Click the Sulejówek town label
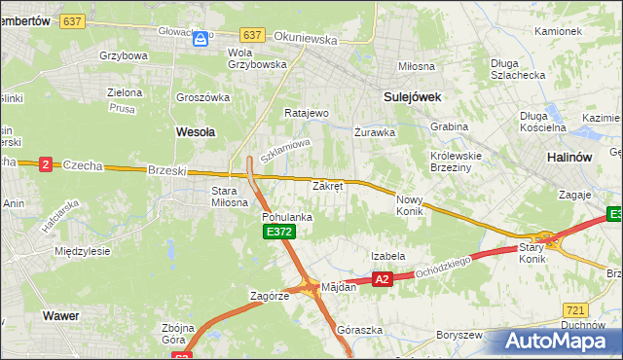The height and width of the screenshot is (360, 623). click(413, 97)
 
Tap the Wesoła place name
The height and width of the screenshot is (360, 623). click(195, 129)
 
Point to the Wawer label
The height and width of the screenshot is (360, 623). click(60, 316)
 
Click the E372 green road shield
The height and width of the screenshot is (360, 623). click(278, 232)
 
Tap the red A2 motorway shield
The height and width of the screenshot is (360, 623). click(382, 279)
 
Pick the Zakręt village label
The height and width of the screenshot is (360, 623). click(327, 185)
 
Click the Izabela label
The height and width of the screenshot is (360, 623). click(387, 256)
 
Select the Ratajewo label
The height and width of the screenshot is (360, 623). click(306, 113)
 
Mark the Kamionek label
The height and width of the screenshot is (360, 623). click(558, 31)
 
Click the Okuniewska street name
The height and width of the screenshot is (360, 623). click(305, 41)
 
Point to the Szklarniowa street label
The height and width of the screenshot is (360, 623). click(284, 152)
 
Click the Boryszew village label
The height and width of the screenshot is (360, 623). click(459, 335)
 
